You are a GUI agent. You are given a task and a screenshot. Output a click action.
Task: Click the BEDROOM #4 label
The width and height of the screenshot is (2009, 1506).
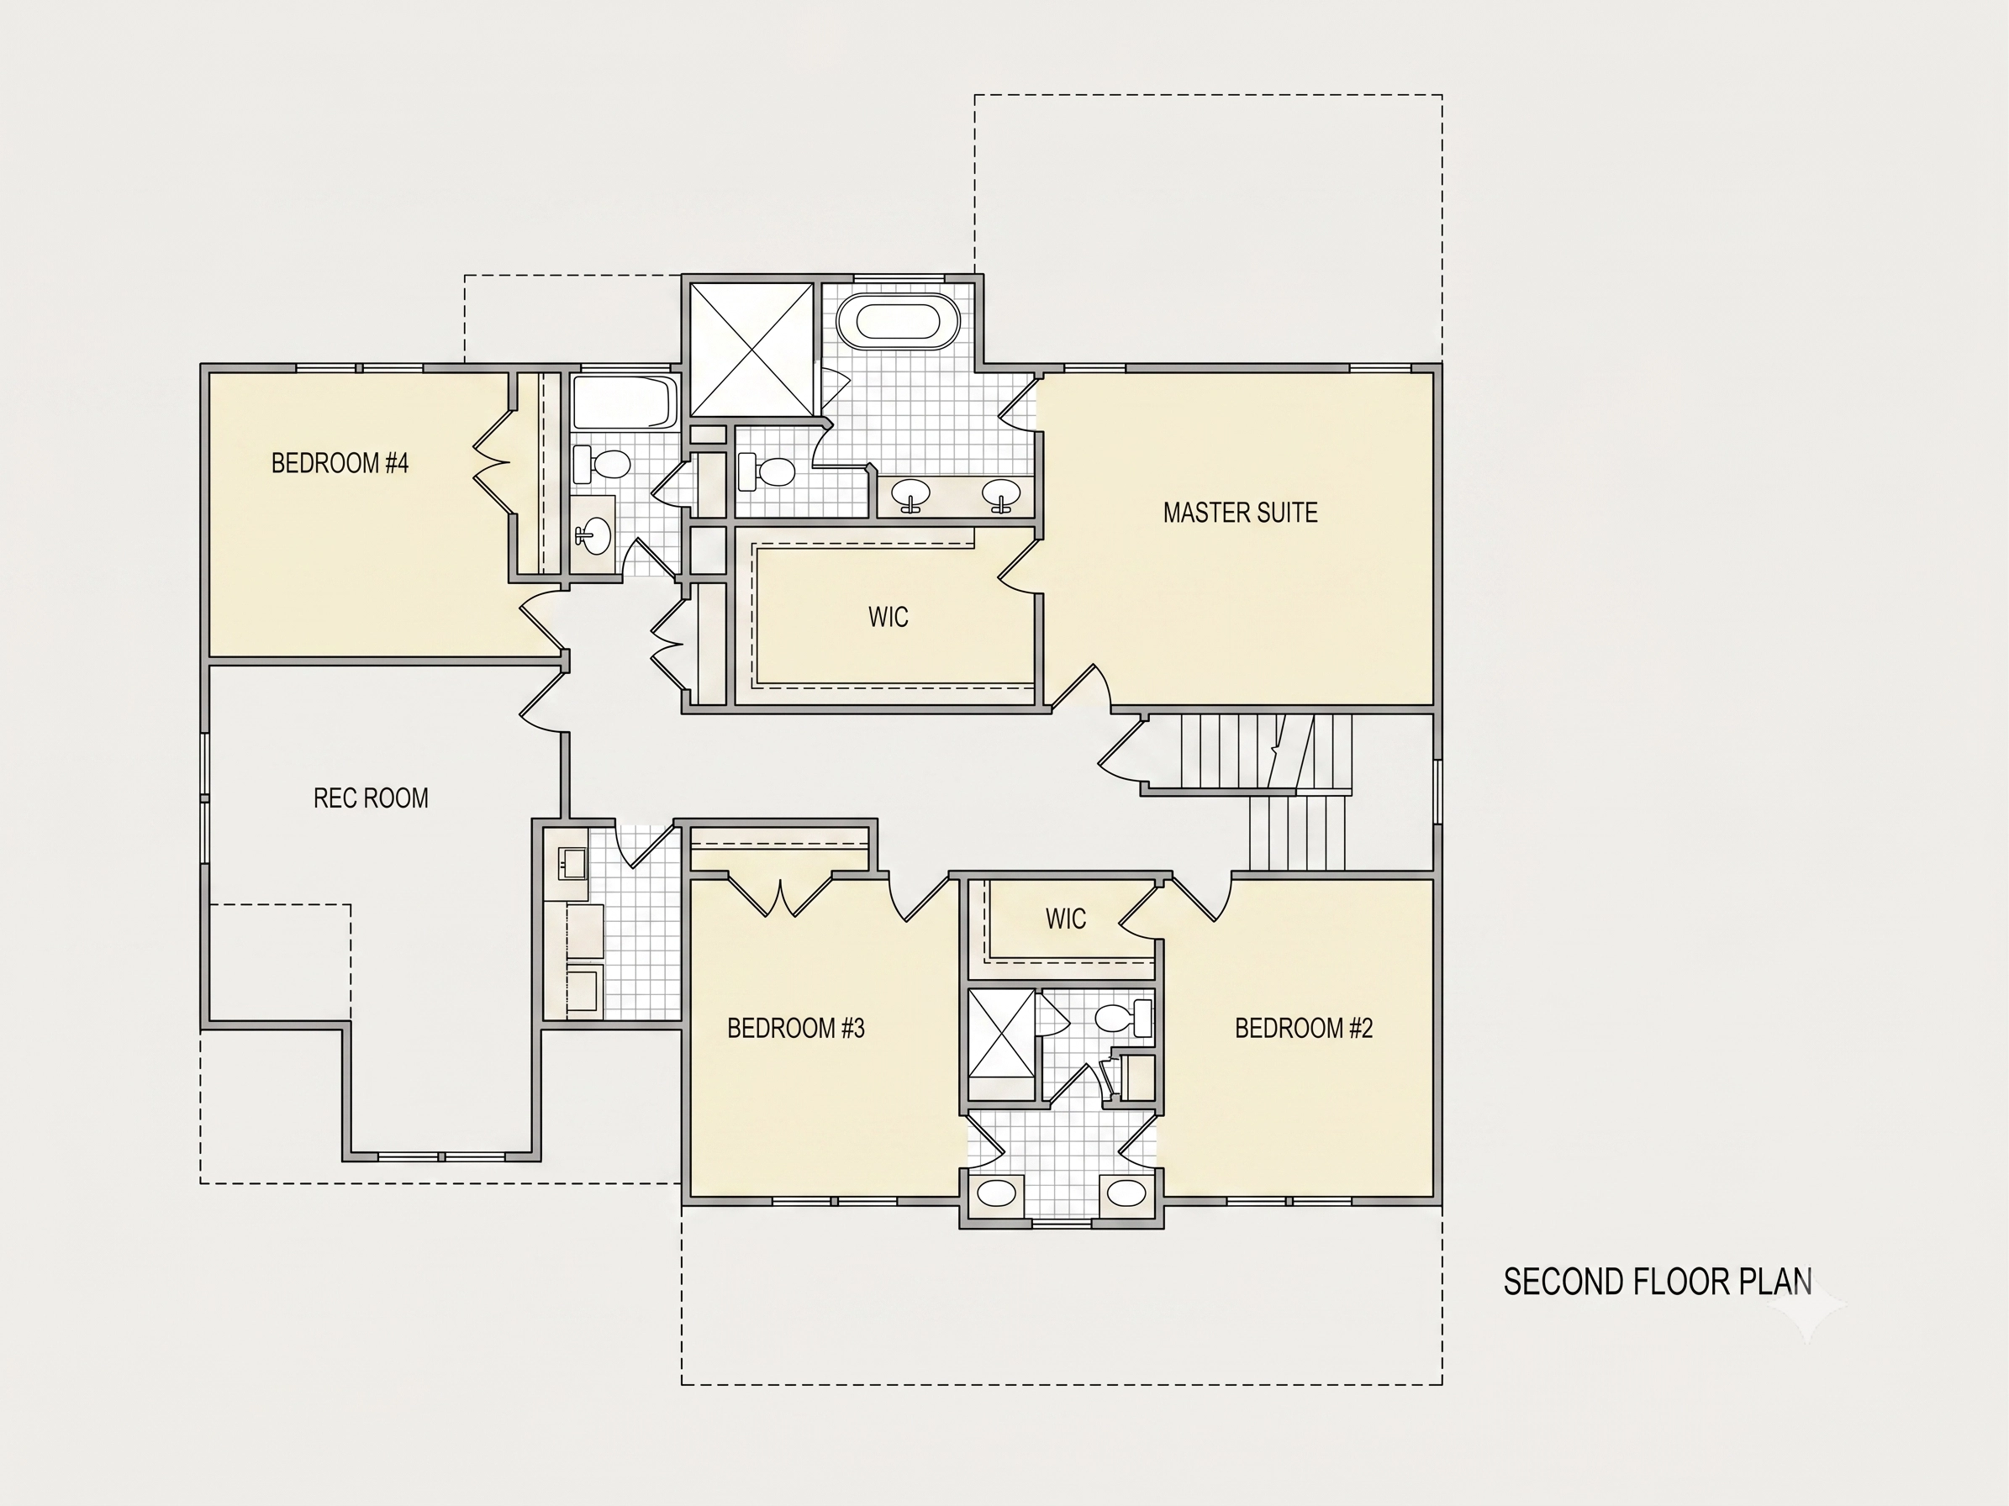340,463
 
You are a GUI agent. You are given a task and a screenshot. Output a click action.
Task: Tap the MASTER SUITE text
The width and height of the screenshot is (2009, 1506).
1240,513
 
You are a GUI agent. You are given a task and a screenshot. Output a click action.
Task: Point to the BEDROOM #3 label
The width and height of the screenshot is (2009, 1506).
795,1028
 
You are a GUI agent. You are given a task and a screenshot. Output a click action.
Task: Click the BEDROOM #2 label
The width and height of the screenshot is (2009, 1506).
1303,1028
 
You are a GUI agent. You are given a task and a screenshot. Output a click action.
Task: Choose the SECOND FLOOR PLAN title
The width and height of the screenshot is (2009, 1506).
1658,1282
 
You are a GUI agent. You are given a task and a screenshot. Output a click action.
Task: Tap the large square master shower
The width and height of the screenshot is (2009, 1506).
751,350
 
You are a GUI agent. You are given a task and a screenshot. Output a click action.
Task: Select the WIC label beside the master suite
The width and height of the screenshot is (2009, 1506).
888,618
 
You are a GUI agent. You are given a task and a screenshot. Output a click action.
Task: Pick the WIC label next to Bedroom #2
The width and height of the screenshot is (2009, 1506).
1065,919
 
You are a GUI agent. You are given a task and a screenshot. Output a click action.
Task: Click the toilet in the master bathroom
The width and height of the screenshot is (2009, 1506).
767,471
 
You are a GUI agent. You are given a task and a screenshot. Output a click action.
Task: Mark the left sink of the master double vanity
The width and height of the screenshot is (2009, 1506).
910,495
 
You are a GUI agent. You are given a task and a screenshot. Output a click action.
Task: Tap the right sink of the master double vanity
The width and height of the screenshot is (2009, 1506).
1001,495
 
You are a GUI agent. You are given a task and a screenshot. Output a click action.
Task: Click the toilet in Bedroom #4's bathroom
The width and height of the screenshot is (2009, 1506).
601,466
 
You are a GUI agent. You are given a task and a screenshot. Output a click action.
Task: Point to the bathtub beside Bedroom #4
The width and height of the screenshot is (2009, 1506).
625,403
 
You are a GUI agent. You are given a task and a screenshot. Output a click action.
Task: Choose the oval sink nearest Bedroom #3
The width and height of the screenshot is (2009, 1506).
997,1193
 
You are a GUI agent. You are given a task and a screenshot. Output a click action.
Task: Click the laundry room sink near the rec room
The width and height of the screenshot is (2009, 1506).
572,863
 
